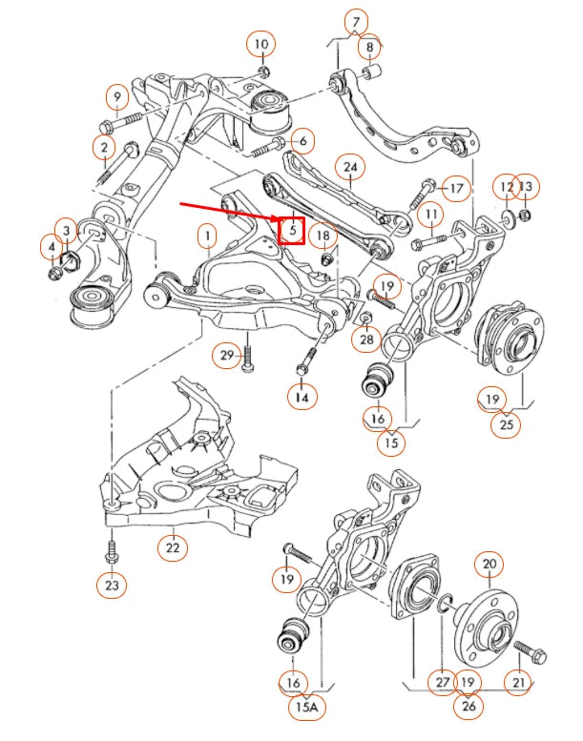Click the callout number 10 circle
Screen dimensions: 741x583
(261, 43)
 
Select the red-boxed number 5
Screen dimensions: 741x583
(292, 230)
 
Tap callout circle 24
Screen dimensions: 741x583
(351, 169)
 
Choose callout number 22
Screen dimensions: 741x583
(172, 547)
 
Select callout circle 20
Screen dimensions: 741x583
(489, 565)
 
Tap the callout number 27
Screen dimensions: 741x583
(442, 681)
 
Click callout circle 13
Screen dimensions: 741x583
(527, 186)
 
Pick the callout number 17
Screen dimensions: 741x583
(456, 188)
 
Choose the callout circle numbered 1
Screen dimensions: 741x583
(206, 234)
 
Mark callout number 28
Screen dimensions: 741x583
(367, 339)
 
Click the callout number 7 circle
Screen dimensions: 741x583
(356, 21)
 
